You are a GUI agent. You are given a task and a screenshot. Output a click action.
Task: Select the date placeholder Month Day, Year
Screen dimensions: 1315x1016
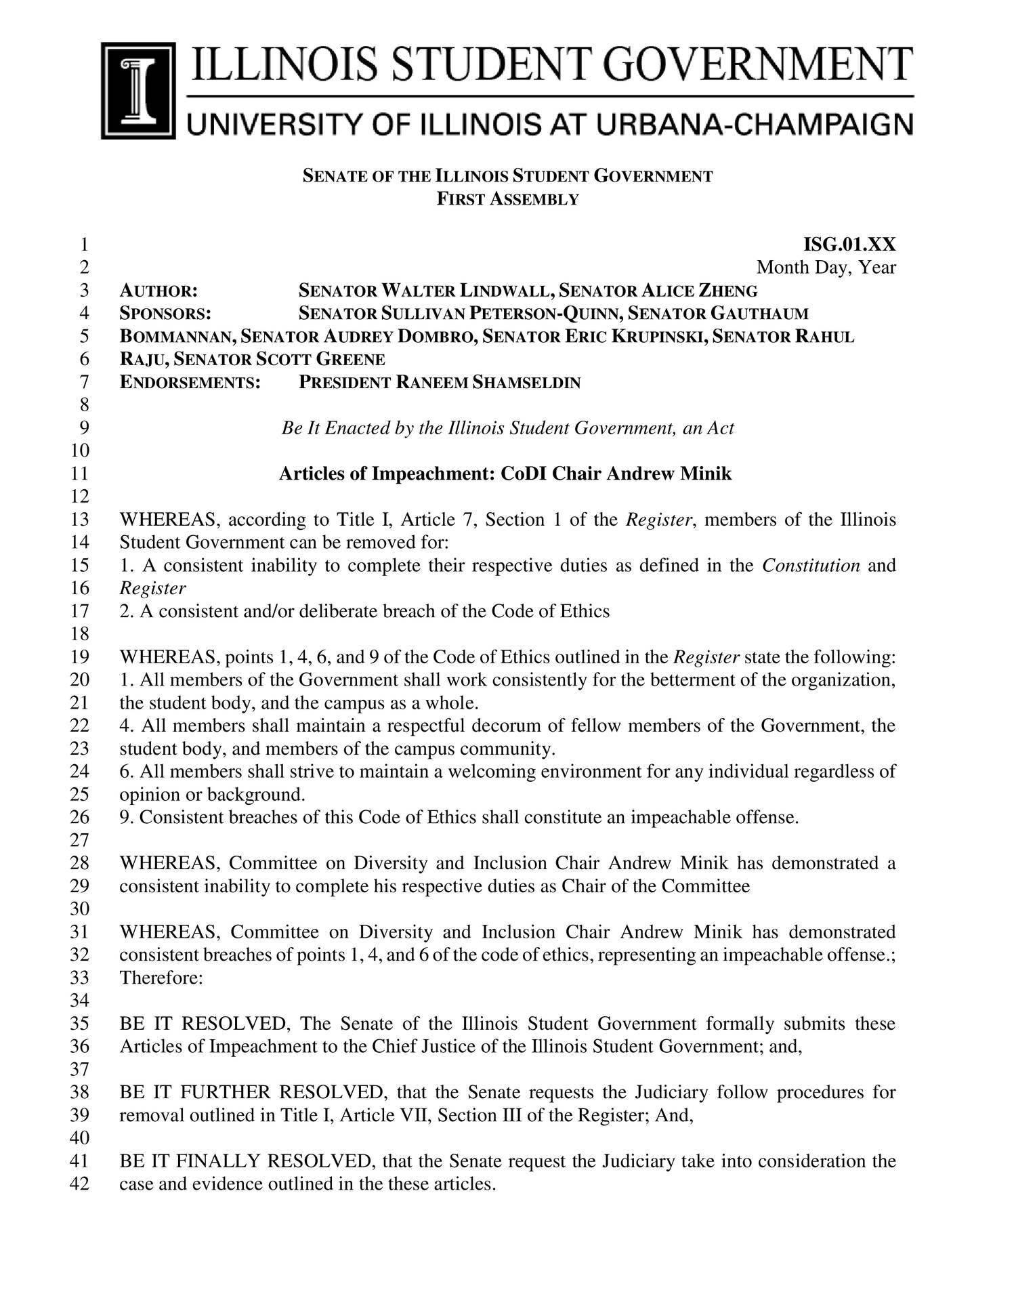coord(826,268)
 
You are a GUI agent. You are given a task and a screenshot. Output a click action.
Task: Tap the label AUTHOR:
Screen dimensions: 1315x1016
coord(158,291)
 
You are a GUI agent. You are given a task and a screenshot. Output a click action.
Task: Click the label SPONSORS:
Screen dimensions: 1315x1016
coord(165,314)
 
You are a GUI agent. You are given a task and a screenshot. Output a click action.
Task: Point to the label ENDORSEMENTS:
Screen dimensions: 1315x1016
coord(190,383)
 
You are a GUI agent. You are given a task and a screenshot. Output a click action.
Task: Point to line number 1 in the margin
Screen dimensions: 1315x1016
coord(84,245)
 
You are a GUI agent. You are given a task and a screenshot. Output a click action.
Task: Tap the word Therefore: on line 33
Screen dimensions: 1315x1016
coord(161,978)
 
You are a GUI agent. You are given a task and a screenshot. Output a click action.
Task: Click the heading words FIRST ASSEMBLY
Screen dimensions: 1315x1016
coord(507,199)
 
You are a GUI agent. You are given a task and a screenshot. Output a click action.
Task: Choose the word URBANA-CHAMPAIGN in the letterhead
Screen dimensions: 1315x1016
coord(740,125)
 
